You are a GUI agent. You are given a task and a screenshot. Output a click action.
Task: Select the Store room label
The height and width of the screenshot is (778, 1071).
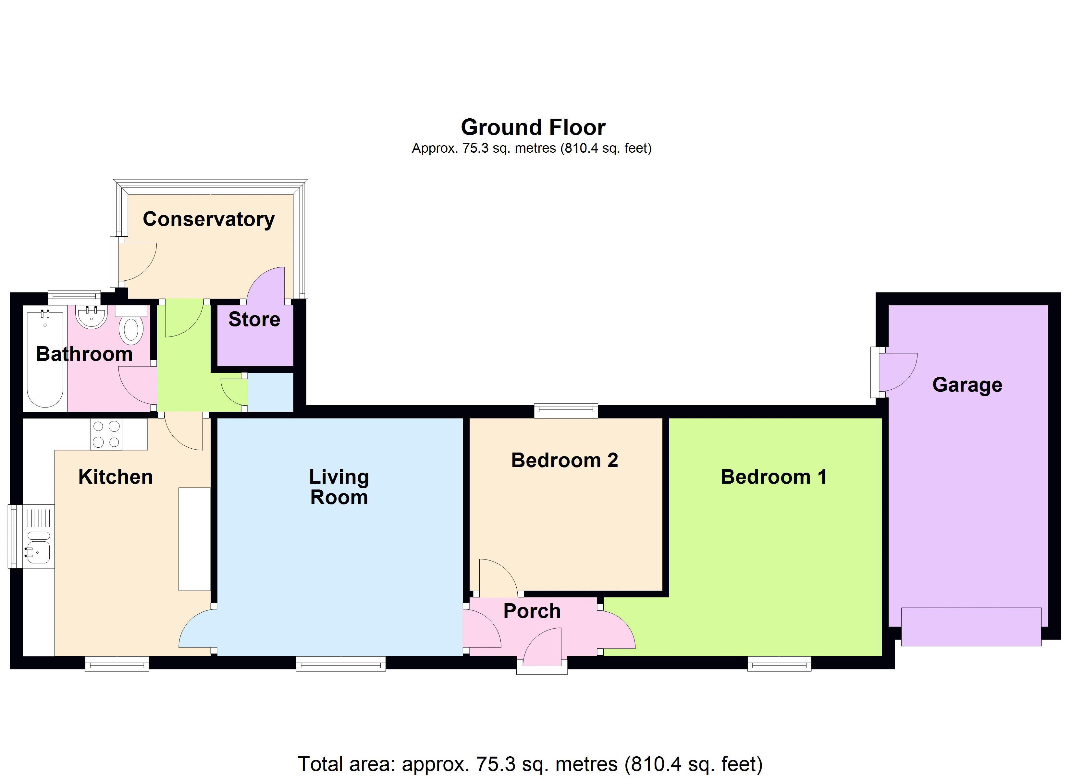(x=254, y=319)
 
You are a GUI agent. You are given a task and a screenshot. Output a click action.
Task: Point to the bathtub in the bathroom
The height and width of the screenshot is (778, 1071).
(x=45, y=359)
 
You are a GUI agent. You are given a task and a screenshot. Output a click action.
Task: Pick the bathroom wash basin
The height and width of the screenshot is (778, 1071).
(x=91, y=317)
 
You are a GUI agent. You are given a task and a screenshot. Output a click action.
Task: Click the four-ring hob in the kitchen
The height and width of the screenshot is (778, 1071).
(x=106, y=434)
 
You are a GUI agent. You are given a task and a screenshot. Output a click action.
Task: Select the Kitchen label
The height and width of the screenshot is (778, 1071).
(x=116, y=477)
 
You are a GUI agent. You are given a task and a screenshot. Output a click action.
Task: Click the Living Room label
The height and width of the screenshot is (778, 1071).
(x=339, y=487)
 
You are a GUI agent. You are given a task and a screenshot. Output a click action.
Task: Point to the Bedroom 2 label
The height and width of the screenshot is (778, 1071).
(x=565, y=460)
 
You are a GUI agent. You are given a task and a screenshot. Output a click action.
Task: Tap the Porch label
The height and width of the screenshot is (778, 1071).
(x=532, y=611)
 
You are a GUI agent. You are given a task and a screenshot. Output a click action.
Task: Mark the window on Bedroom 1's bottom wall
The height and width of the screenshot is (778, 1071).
(x=779, y=663)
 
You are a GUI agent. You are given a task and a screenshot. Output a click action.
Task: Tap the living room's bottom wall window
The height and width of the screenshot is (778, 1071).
(x=341, y=663)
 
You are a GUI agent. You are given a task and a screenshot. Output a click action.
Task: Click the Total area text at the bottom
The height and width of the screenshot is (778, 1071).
(x=530, y=764)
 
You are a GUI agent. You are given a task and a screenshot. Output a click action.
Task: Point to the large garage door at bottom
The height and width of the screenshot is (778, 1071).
(x=971, y=627)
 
